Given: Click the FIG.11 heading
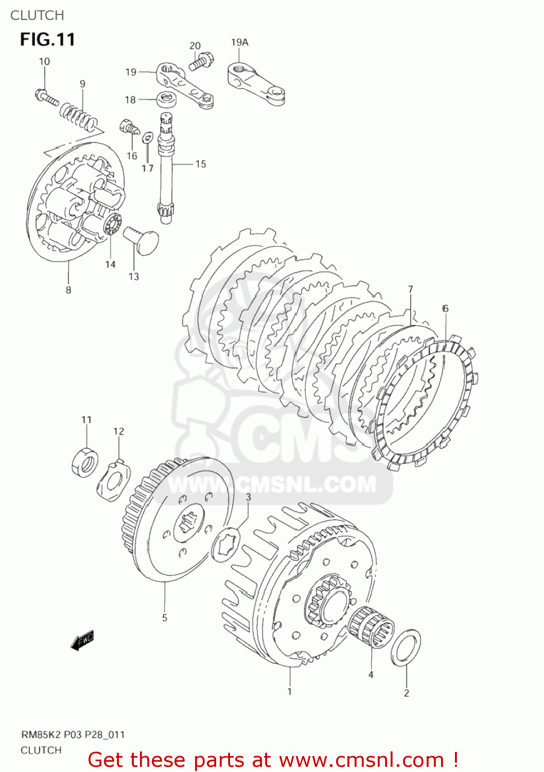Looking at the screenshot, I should coord(47,40).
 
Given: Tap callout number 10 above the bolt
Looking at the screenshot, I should coord(44,62).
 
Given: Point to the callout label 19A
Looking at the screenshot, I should coord(239,42).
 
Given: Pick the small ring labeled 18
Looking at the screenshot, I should coord(166,97).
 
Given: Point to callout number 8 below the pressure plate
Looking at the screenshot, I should coord(68,290).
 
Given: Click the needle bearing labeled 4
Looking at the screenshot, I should coord(371,627).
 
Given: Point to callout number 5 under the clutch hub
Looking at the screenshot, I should coord(165,618).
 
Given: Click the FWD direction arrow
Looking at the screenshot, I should coord(82,640).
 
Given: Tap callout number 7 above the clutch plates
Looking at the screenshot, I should coord(410,289).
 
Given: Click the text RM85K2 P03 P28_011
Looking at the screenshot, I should coord(73,734).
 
